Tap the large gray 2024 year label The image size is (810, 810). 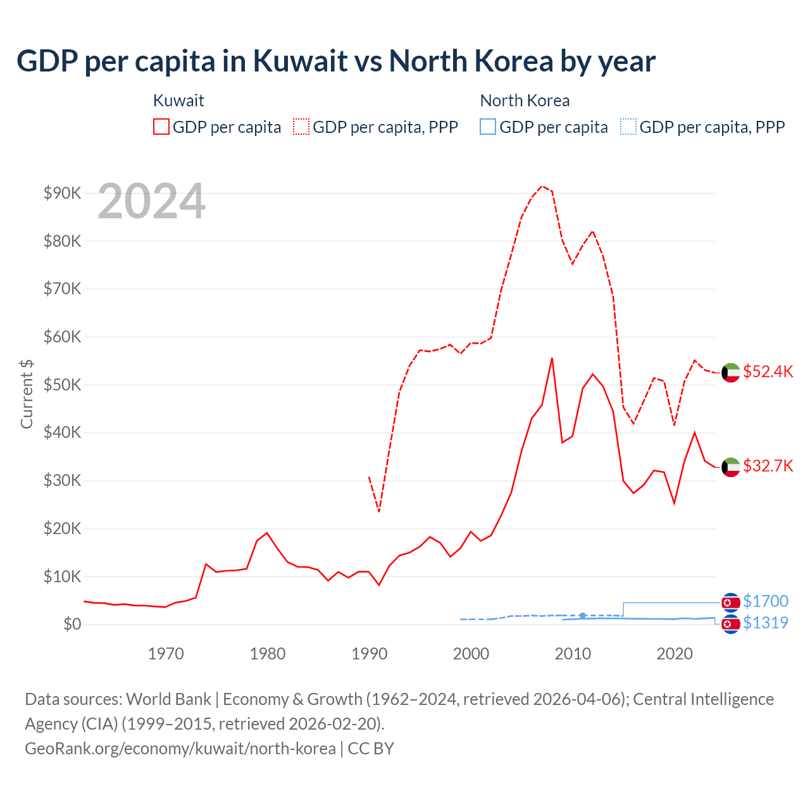pos(151,202)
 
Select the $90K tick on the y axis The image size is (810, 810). pos(62,193)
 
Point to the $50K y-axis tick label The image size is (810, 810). pos(62,385)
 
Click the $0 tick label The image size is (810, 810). pos(72,624)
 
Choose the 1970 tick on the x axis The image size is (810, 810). pos(166,654)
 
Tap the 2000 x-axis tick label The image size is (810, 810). pos(471,654)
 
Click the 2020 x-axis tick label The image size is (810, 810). pos(675,654)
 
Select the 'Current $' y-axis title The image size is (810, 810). pos(27,394)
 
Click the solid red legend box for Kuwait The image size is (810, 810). pos(161,127)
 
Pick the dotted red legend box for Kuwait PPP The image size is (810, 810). pos(301,127)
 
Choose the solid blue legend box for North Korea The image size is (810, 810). pos(488,127)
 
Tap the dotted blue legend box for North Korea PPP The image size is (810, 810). pos(628,127)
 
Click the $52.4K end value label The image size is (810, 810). pos(768,371)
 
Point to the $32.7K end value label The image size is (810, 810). pos(768,466)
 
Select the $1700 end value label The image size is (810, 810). pos(766,601)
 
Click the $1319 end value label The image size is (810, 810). pos(766,623)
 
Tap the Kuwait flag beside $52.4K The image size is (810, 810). pos(731,373)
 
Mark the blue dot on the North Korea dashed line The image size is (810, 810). pos(583,615)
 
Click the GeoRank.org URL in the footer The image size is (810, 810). pos(180,749)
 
